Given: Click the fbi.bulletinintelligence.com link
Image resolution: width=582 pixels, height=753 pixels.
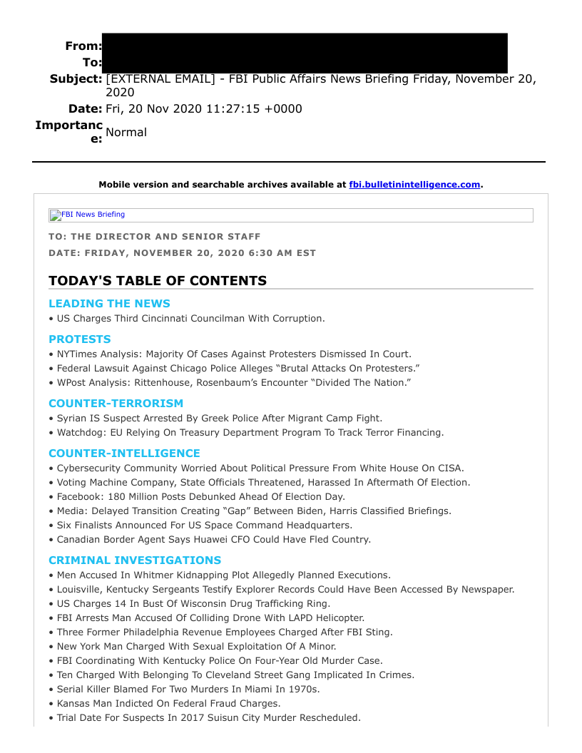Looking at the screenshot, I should point(414,185).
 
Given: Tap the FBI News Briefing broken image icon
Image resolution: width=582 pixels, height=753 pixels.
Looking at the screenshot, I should point(54,215).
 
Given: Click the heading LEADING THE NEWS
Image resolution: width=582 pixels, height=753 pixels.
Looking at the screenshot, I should point(109,304).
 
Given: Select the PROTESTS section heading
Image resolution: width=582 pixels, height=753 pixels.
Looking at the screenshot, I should point(80,339).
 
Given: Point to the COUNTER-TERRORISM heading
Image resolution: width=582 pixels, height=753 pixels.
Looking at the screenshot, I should point(116,404).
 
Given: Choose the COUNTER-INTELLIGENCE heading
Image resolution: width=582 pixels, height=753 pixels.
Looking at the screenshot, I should point(124,454).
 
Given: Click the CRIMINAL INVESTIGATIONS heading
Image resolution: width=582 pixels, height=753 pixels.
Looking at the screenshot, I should point(135,560).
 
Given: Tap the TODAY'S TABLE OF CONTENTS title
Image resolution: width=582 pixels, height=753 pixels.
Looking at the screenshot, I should point(158,281).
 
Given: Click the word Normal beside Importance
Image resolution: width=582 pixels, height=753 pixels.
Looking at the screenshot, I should point(126,132).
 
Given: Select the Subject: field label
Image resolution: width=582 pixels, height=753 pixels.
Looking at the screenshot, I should point(76,78).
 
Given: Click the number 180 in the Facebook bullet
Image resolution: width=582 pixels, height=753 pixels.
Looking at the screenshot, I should point(117,497).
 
